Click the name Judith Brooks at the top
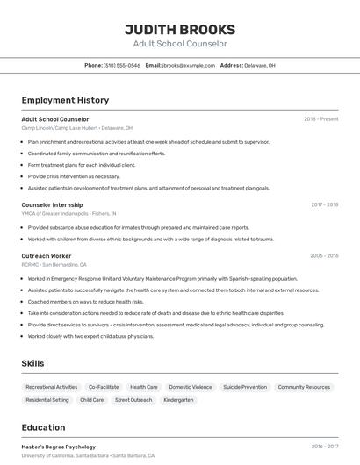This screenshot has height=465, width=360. coord(180,29)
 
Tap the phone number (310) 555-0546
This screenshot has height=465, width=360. coord(121,65)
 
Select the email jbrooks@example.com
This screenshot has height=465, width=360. coord(188,65)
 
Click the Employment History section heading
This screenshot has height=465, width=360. coord(65,100)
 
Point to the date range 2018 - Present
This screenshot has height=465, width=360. coord(320,118)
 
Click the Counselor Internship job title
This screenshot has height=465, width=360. coord(52,204)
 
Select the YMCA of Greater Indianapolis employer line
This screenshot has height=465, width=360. coord(68,213)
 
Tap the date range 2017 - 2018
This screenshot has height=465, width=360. coord(324,204)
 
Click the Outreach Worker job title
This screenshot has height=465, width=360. coord(47,255)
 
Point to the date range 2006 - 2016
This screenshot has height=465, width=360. coord(324,255)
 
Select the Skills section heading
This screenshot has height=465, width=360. coord(33,363)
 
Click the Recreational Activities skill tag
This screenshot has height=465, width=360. coord(52,387)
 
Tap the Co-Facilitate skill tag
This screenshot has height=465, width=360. coord(104,387)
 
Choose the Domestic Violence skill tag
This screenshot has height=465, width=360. coord(191,387)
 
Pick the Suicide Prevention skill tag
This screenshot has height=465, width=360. coord(245,387)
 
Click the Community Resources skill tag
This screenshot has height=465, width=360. coord(304,387)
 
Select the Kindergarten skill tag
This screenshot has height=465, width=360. coord(178,400)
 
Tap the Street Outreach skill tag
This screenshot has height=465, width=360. coord(133,400)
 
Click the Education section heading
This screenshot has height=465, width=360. coord(43,427)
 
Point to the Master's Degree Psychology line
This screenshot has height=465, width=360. coord(59,447)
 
